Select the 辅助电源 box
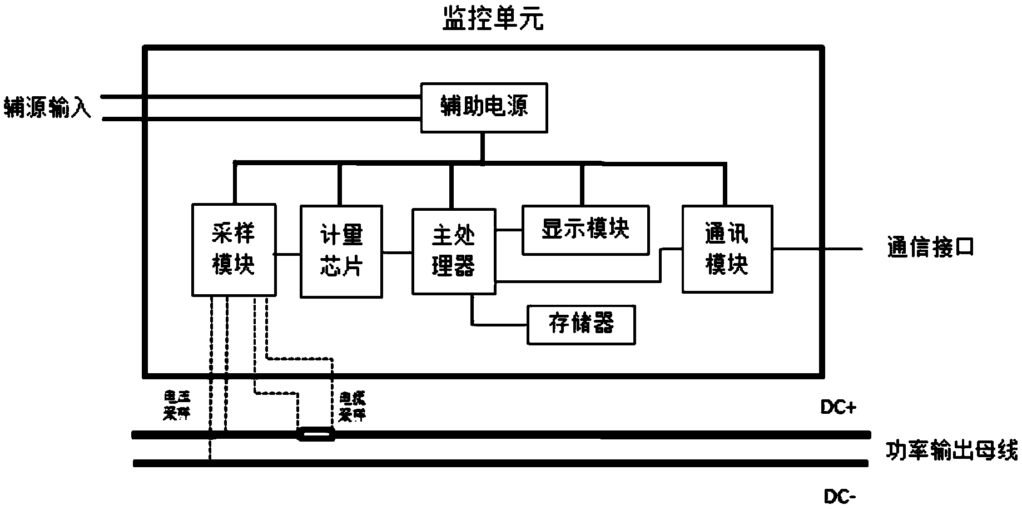484,107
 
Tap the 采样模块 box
234,250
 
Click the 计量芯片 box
341,251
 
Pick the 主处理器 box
453,251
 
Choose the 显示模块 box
585,230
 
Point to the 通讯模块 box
727,249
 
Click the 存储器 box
581,324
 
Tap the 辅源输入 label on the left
47,107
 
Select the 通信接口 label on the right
930,248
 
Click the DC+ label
839,408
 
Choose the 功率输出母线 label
951,450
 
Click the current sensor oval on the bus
316,434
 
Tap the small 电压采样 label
176,405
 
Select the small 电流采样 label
353,407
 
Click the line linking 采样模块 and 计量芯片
288,254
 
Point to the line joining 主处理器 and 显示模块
509,230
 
